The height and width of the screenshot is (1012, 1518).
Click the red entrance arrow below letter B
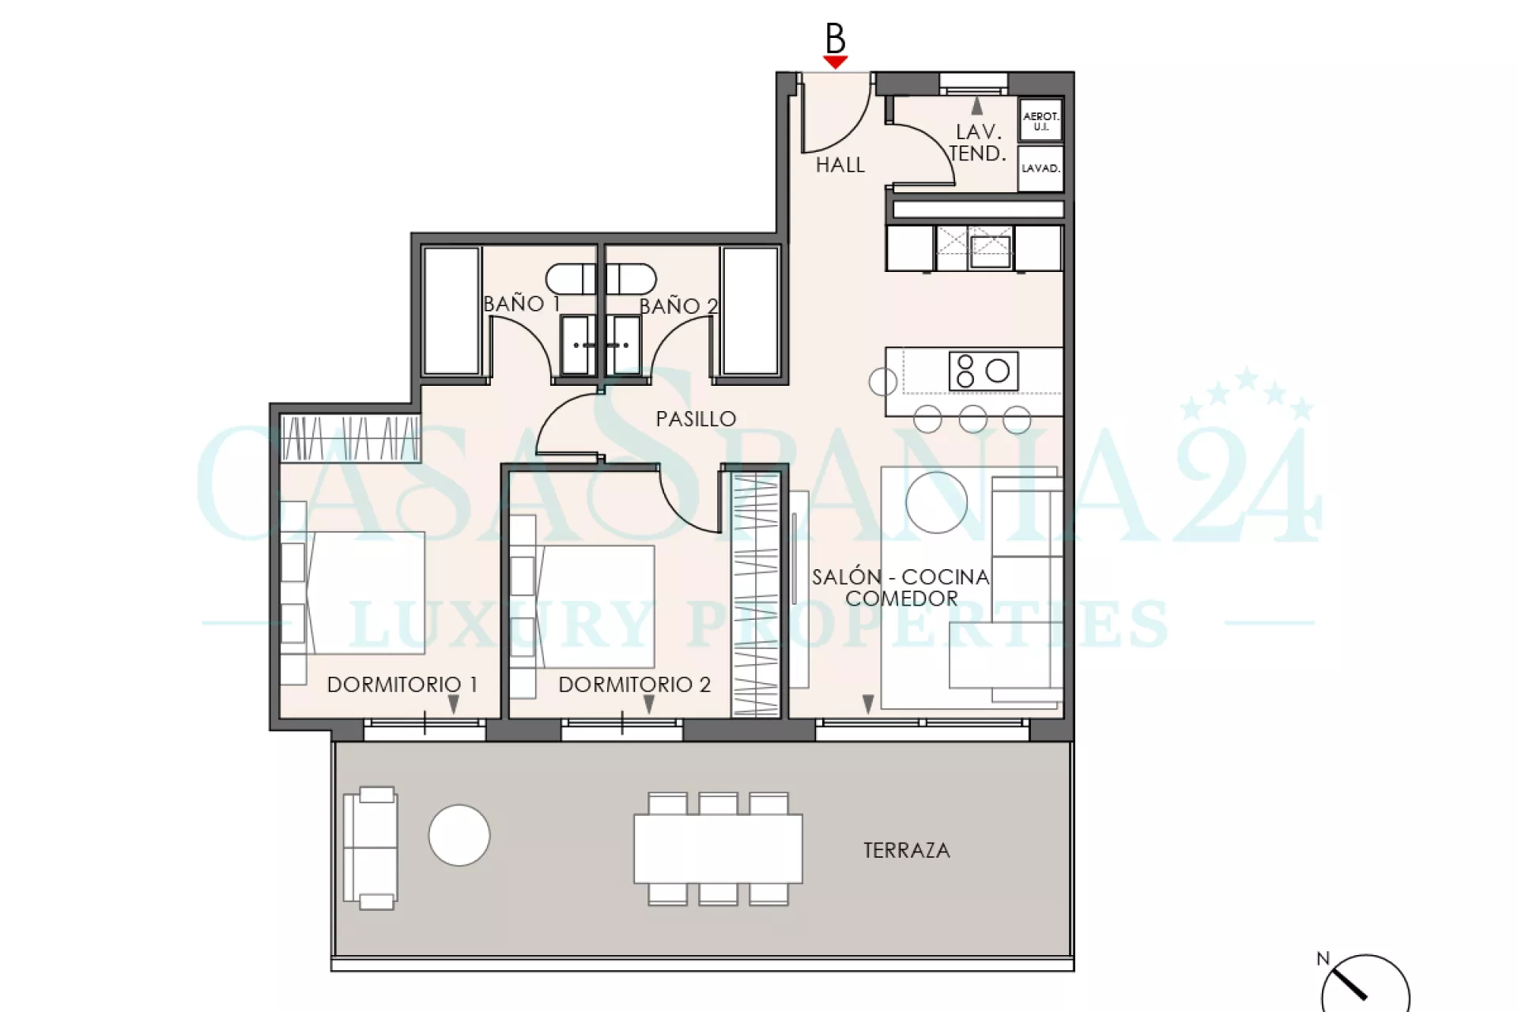click(x=835, y=62)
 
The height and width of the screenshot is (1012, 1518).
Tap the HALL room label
click(x=840, y=165)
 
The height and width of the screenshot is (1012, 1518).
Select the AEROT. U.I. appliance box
click(x=1040, y=120)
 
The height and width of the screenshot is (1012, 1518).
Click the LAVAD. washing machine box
click(x=1040, y=168)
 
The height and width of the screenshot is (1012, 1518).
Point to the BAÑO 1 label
click(x=522, y=304)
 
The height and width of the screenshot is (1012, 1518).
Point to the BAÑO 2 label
click(x=678, y=306)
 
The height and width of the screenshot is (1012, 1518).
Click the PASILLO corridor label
click(x=696, y=419)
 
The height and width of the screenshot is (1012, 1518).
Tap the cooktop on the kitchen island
click(x=984, y=371)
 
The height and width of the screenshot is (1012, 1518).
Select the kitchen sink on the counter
click(x=991, y=251)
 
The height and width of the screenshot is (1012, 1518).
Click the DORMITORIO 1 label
click(x=402, y=685)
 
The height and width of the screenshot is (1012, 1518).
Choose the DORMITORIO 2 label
click(x=634, y=685)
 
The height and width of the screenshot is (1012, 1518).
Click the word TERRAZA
click(x=906, y=851)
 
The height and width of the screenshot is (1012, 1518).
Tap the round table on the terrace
click(x=459, y=835)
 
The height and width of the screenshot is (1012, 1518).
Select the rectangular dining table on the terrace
click(x=718, y=848)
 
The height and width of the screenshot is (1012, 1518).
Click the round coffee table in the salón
click(x=937, y=502)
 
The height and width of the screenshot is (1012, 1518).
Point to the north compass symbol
click(x=1365, y=984)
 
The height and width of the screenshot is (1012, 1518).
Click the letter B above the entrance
click(x=836, y=38)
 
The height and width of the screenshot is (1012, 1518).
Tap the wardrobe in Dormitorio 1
click(x=350, y=439)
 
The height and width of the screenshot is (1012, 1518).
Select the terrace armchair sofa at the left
click(x=370, y=848)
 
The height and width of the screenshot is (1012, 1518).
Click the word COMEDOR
click(x=901, y=599)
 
